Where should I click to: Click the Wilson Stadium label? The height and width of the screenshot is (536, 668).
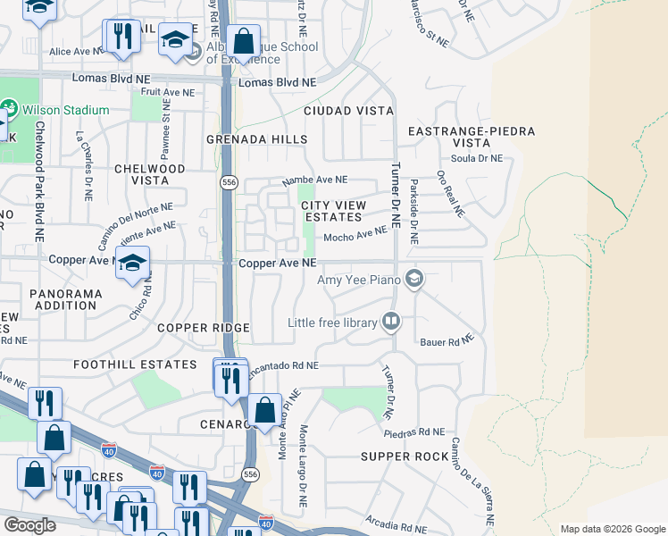[65, 111]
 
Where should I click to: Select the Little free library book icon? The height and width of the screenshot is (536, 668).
[390, 321]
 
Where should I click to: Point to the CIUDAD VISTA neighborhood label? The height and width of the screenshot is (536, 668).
[348, 111]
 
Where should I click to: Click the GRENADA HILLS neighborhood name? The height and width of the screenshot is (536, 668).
[256, 140]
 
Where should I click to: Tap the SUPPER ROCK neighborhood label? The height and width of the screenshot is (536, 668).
[405, 456]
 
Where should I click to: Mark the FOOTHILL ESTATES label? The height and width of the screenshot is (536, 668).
[135, 364]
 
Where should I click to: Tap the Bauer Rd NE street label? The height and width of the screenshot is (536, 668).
[445, 340]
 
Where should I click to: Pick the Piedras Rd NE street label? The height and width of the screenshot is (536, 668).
[413, 432]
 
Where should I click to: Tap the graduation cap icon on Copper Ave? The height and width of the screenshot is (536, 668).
[132, 264]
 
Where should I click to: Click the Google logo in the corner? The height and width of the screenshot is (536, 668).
[29, 525]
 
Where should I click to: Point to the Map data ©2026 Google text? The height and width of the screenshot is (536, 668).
[612, 529]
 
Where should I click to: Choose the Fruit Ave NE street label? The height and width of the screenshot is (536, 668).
[167, 92]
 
